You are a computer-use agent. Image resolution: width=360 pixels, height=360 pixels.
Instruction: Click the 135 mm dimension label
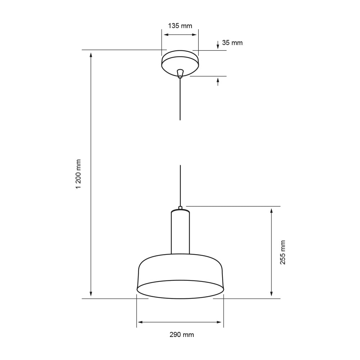pyautogui.click(x=180, y=26)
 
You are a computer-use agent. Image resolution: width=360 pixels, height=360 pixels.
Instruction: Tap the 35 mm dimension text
pyautogui.click(x=232, y=43)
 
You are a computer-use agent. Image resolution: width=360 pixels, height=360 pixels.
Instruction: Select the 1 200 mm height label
pyautogui.click(x=78, y=174)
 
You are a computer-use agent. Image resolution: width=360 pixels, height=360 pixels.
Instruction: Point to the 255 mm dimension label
pyautogui.click(x=283, y=252)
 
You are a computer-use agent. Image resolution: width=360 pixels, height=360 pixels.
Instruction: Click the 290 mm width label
pyautogui.click(x=182, y=335)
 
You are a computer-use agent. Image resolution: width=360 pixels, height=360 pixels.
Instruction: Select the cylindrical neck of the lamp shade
pyautogui.click(x=180, y=233)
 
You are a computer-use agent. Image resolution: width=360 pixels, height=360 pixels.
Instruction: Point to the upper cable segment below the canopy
pyautogui.click(x=180, y=99)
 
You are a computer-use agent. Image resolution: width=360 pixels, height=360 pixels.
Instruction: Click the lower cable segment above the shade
pyautogui.click(x=180, y=185)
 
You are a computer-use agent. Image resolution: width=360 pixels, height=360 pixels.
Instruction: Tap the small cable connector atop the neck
pyautogui.click(x=180, y=208)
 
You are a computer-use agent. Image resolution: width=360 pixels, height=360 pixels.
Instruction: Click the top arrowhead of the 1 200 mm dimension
pyautogui.click(x=91, y=55)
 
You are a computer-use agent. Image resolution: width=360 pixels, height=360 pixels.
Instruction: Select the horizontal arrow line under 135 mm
pyautogui.click(x=180, y=35)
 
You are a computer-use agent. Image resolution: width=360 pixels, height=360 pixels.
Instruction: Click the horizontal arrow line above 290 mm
pyautogui.click(x=180, y=322)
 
